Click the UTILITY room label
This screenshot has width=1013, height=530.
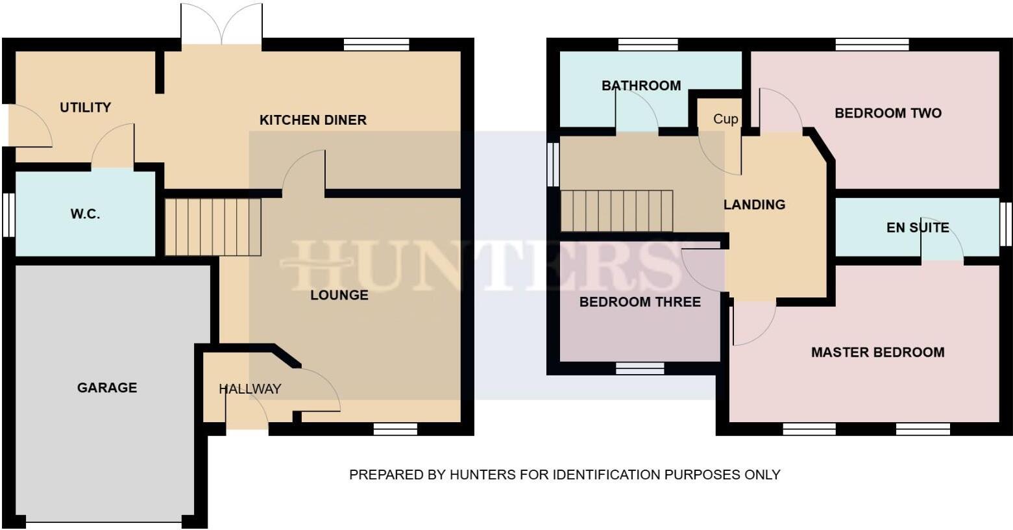[85, 108]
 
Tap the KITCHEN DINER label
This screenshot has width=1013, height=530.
[313, 120]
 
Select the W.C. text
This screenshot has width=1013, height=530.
[85, 214]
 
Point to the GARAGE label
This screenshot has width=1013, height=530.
[107, 388]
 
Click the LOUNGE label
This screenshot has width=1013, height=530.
[339, 296]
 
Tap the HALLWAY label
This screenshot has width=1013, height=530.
[250, 389]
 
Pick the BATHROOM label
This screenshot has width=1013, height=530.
[641, 86]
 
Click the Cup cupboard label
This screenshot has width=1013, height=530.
[726, 119]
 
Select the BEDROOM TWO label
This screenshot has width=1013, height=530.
[888, 113]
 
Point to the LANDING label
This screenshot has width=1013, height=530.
[754, 205]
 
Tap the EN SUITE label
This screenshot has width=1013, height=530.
[918, 227]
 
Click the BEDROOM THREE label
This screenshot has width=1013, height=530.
[640, 302]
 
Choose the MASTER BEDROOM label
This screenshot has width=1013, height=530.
[877, 353]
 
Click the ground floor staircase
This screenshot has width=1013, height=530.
[213, 227]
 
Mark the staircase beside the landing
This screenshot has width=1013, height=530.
[616, 210]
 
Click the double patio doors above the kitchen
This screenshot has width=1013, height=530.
[222, 25]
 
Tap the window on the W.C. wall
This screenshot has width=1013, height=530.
[8, 214]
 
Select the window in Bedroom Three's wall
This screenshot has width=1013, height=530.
[640, 368]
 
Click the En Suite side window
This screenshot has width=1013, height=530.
[1005, 223]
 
